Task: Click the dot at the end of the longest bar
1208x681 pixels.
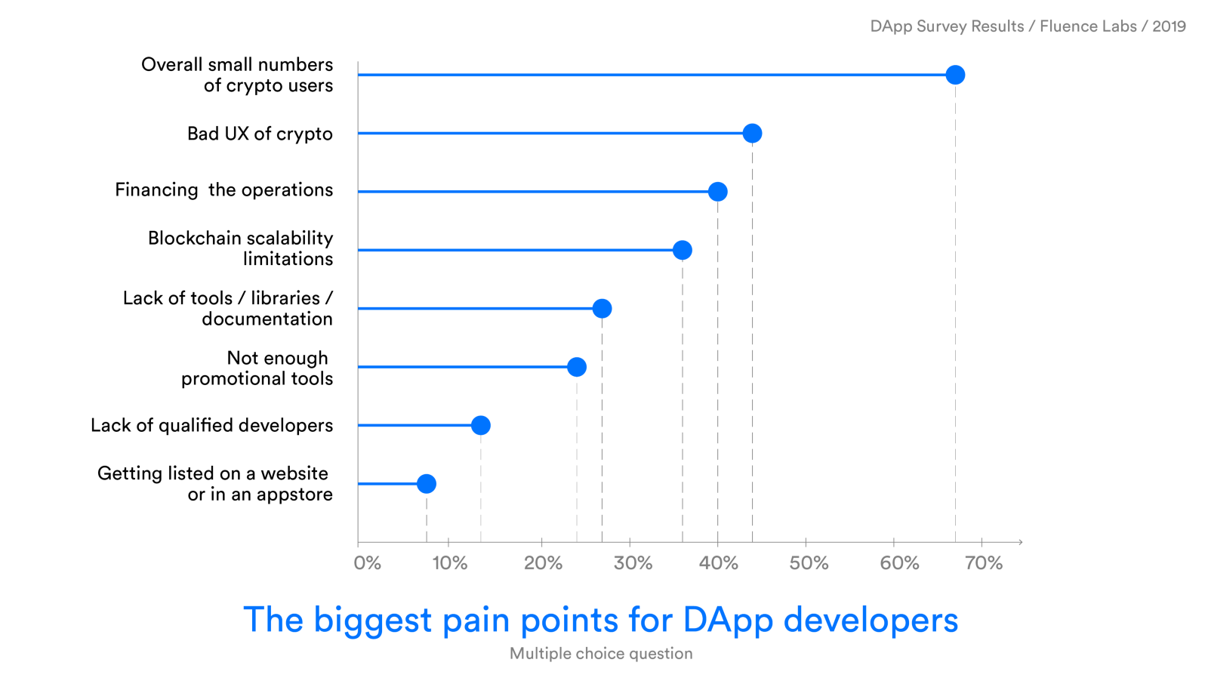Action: point(955,75)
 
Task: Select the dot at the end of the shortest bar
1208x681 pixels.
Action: point(427,484)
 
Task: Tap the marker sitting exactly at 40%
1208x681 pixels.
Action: point(718,192)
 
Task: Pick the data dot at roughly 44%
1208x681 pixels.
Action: point(752,134)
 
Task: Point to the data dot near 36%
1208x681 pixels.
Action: point(683,250)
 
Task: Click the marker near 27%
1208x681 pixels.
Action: point(602,308)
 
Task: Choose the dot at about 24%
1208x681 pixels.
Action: point(577,367)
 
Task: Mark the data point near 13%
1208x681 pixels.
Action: point(481,426)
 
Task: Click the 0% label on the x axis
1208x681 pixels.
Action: point(368,563)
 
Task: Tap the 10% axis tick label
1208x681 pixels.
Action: point(450,563)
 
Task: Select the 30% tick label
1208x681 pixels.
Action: point(633,563)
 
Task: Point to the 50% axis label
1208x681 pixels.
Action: point(809,563)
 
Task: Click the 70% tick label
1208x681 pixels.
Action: point(984,563)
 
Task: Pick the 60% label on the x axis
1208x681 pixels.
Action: point(899,563)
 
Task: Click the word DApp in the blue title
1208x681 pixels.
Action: point(728,621)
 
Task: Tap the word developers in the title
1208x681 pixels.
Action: point(871,621)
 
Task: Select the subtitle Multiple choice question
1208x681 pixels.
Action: point(601,654)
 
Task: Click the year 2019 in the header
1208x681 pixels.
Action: point(1169,26)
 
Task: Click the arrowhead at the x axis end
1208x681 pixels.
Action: point(1020,542)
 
